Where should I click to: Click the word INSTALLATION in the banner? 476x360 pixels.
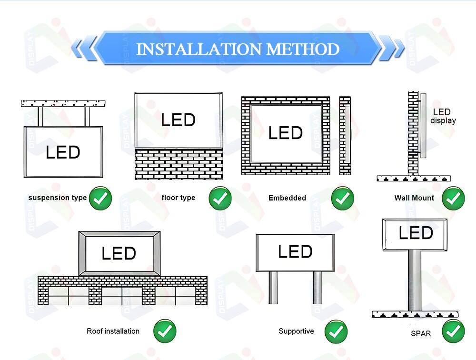[198, 49]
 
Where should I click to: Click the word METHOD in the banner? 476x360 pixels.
[303, 49]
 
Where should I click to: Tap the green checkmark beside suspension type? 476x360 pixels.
[100, 199]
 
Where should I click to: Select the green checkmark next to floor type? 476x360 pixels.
[220, 199]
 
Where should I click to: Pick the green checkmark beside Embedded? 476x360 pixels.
[342, 199]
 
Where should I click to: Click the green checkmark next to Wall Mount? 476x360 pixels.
[453, 199]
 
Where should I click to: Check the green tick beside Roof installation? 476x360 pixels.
[165, 331]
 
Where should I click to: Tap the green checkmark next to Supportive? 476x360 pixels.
[336, 331]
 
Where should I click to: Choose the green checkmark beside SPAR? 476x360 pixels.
[453, 331]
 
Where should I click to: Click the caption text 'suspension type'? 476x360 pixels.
[58, 198]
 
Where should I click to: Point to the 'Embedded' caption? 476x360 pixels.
[287, 198]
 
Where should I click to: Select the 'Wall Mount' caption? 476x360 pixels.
[414, 198]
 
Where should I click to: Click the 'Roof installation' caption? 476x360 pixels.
[113, 331]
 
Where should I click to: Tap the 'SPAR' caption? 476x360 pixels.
[421, 333]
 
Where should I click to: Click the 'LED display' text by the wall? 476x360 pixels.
[443, 116]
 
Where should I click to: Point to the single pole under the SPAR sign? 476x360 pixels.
[415, 280]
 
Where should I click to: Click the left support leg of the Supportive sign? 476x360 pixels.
[273, 288]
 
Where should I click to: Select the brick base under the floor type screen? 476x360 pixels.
[179, 164]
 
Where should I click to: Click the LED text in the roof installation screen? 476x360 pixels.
[119, 253]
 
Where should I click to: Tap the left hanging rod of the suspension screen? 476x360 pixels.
[40, 116]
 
